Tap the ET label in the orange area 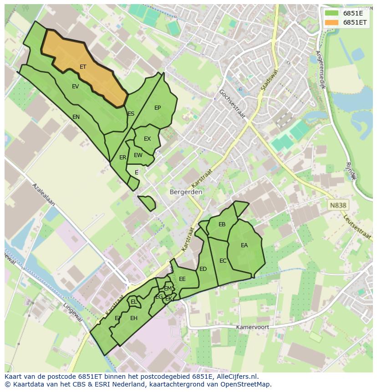pos(83,67)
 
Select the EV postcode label pos(76,87)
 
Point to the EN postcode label pos(76,117)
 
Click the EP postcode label pos(158,108)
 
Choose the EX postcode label pos(147,139)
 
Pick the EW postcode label pos(138,155)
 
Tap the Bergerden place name pos(186,192)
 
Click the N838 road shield pos(338,205)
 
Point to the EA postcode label pos(245,245)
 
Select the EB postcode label pos(222,224)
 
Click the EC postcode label pos(223,261)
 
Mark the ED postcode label pos(203,269)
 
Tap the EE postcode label pos(182,279)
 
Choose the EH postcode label pos(134,318)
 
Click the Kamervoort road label pos(252,327)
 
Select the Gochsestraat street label pos(232,104)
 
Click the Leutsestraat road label pos(358,227)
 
